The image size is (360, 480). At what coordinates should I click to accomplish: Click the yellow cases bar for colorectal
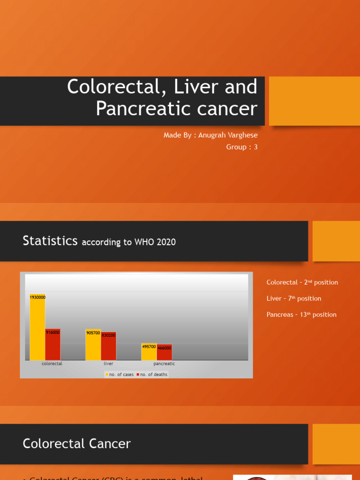[x=37, y=328]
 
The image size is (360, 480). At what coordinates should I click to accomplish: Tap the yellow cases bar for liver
[x=93, y=347]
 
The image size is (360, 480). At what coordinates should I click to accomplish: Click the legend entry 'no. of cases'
[x=120, y=375]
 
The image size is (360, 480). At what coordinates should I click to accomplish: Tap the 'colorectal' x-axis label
[x=52, y=364]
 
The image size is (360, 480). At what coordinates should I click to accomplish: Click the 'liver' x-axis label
[x=108, y=364]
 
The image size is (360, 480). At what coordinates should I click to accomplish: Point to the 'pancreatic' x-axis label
[x=164, y=364]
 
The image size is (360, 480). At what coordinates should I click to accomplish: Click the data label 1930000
[x=37, y=297]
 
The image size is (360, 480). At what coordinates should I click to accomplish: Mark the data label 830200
[x=108, y=335]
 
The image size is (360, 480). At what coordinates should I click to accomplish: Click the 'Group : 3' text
[x=242, y=147]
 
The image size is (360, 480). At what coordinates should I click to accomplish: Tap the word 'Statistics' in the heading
[x=50, y=241]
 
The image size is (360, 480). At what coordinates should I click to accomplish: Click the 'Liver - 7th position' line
[x=294, y=299]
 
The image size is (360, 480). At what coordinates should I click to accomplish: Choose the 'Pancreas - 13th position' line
[x=301, y=315]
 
